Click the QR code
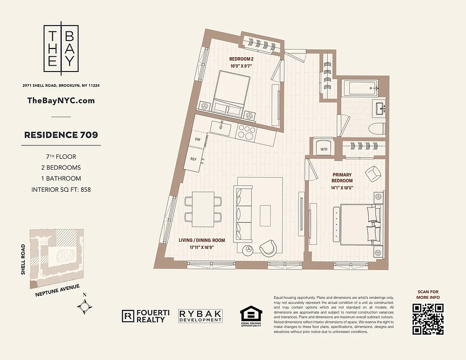(428, 319)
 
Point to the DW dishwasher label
(197, 139)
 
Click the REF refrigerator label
(194, 159)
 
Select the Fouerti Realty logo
(144, 316)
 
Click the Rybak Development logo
(200, 316)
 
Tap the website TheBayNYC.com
(61, 101)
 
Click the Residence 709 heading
(61, 135)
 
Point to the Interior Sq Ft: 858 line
(61, 189)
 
